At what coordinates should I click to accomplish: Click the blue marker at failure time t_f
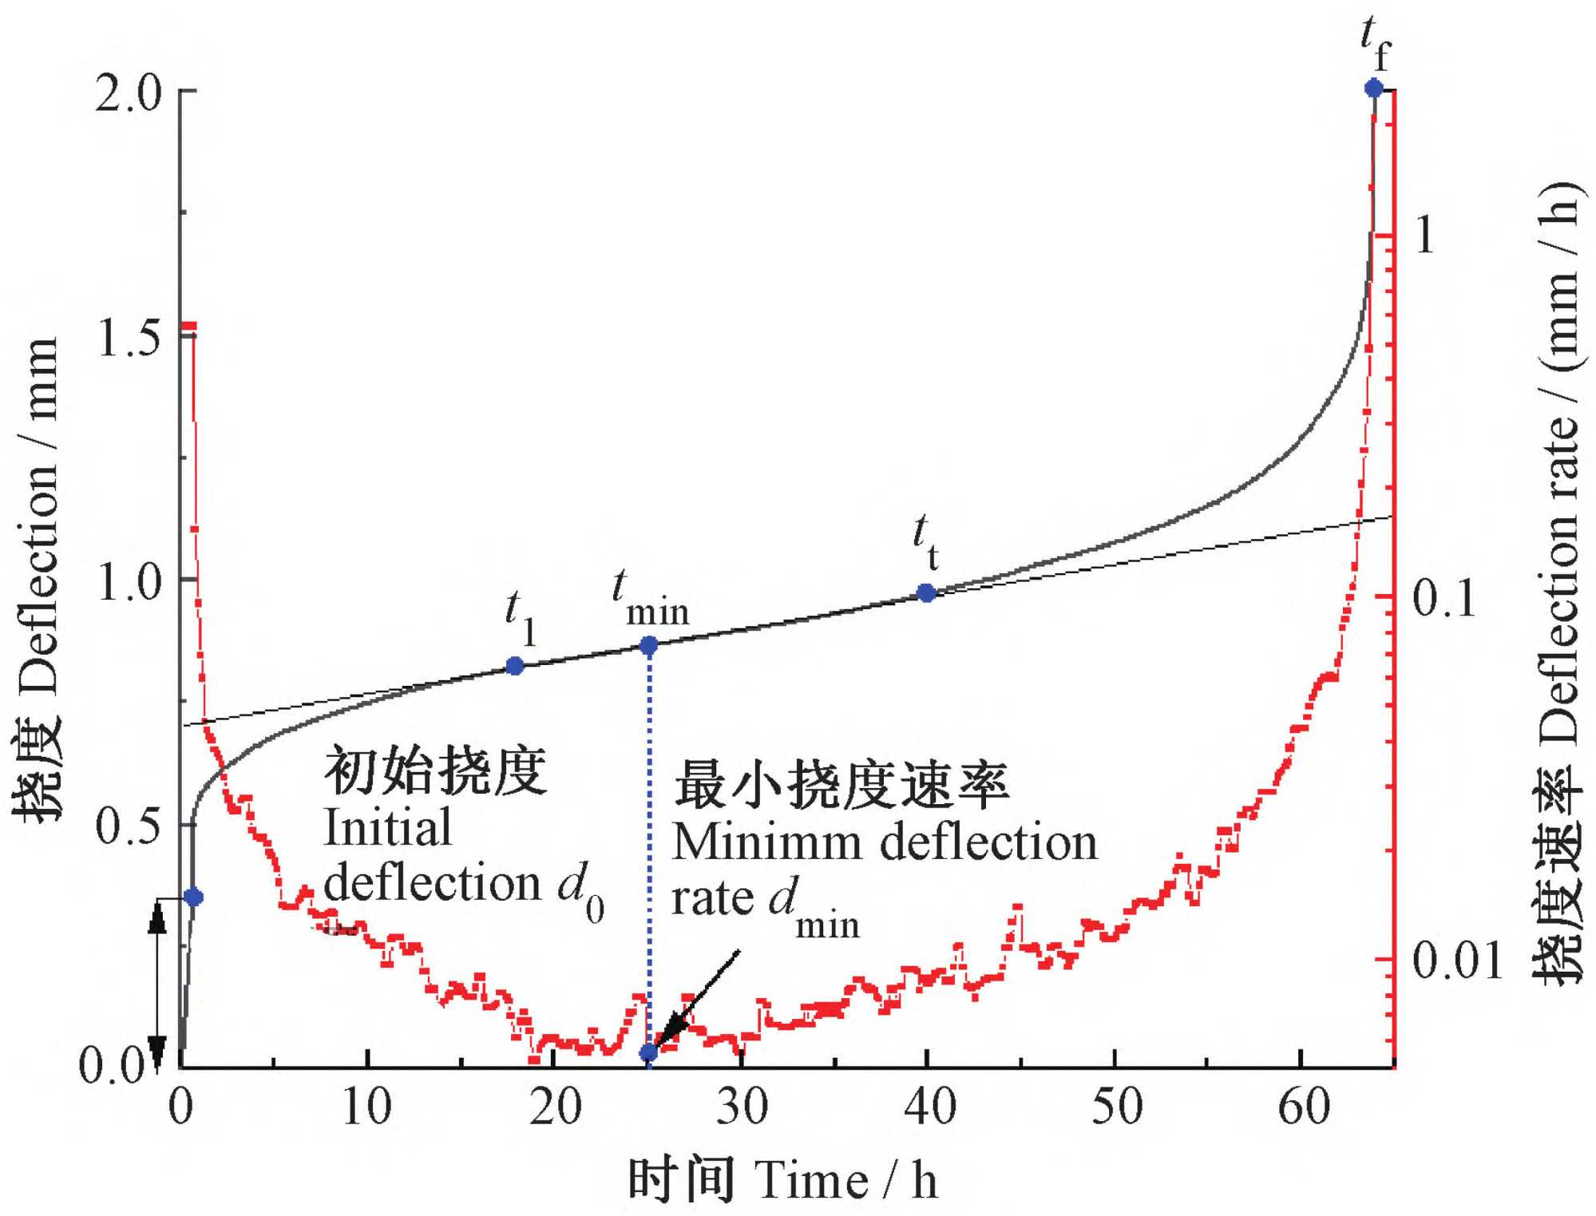pyautogui.click(x=1373, y=88)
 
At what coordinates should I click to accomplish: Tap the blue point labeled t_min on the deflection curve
pyautogui.click(x=649, y=645)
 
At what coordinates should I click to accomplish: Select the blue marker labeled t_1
pyautogui.click(x=515, y=665)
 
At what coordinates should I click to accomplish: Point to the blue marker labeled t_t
pyautogui.click(x=926, y=593)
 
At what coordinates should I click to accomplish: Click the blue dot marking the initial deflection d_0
pyautogui.click(x=193, y=897)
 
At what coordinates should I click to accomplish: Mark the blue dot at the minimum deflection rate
pyautogui.click(x=649, y=1053)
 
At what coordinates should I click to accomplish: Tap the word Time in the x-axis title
pyautogui.click(x=811, y=1181)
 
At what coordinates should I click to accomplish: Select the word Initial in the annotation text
pyautogui.click(x=388, y=828)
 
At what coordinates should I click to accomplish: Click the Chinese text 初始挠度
pyautogui.click(x=436, y=771)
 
